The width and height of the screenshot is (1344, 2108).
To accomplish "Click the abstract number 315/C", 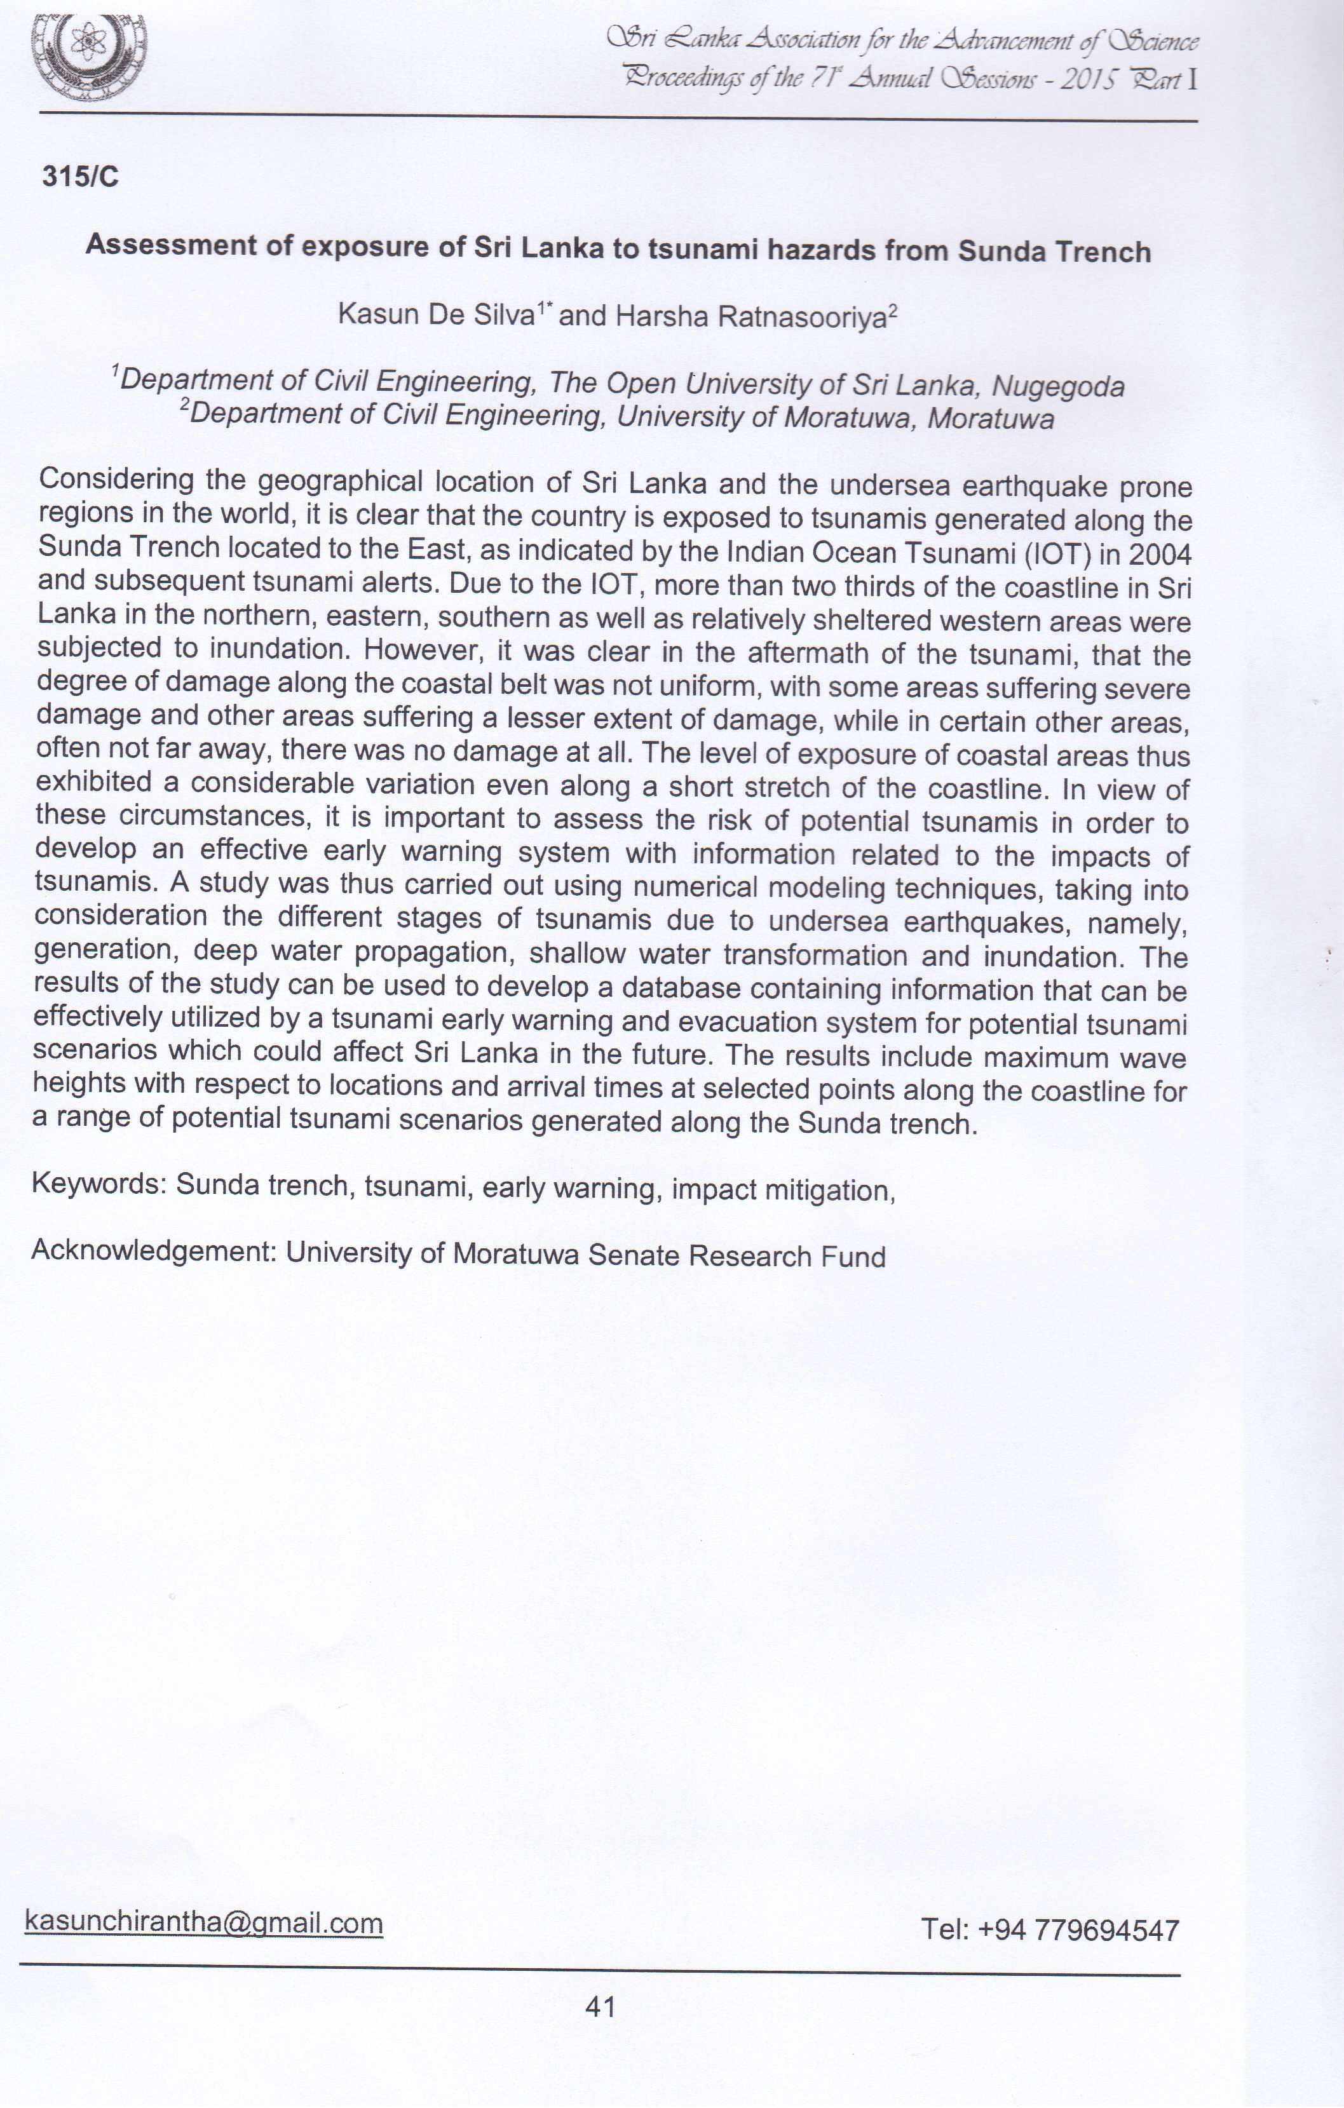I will [79, 177].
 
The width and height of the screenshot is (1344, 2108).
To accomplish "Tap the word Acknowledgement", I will [153, 1250].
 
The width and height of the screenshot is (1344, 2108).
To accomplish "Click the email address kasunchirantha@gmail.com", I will [204, 1922].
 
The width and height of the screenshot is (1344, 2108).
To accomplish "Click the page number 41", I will [601, 2006].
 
